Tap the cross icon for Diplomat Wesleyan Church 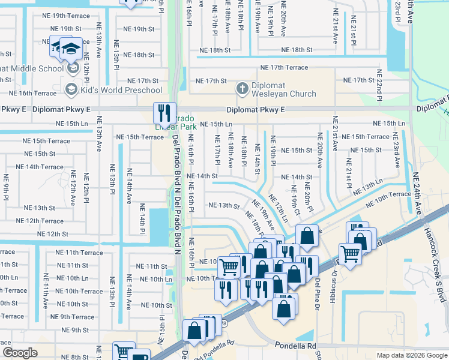243,89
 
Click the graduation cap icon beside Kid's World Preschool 70,90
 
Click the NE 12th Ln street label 278,208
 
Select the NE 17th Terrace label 284,68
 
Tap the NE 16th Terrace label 28,93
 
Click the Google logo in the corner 20,353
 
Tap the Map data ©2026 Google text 411,355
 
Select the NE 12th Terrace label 40,221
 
